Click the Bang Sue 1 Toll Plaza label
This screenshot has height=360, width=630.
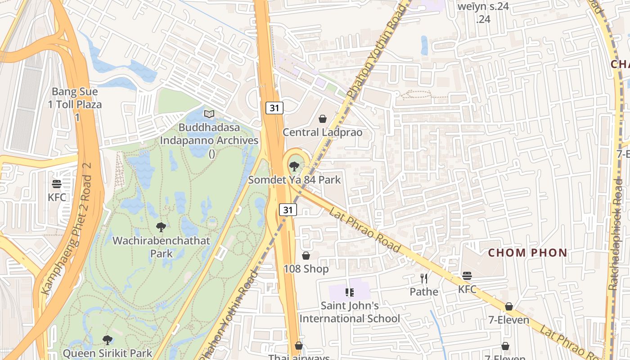pyautogui.click(x=75, y=104)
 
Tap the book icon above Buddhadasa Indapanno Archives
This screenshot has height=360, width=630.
pyautogui.click(x=209, y=114)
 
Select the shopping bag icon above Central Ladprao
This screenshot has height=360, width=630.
pyautogui.click(x=323, y=119)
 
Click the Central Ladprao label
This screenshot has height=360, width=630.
pyautogui.click(x=322, y=132)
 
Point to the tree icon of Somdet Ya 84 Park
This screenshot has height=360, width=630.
pyautogui.click(x=294, y=166)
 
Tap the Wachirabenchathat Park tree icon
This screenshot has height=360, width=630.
pyautogui.click(x=161, y=227)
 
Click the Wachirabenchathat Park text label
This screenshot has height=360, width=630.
pyautogui.click(x=161, y=247)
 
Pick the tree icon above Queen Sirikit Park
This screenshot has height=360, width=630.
pyautogui.click(x=108, y=340)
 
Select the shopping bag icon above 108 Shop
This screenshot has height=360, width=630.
pyautogui.click(x=306, y=256)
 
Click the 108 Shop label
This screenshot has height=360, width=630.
pyautogui.click(x=306, y=269)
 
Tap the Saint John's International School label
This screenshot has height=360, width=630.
pyautogui.click(x=350, y=312)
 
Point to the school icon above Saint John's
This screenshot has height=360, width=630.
pyautogui.click(x=350, y=292)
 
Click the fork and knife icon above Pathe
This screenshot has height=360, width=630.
pyautogui.click(x=423, y=279)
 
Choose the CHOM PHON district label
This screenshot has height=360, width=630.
pyautogui.click(x=527, y=253)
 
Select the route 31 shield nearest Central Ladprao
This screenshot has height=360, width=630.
pyautogui.click(x=274, y=108)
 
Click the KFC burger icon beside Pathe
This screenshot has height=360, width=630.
pyautogui.click(x=467, y=275)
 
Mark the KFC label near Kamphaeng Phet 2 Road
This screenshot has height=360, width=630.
pyautogui.click(x=57, y=197)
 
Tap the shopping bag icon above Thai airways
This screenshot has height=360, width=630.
pyautogui.click(x=299, y=346)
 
